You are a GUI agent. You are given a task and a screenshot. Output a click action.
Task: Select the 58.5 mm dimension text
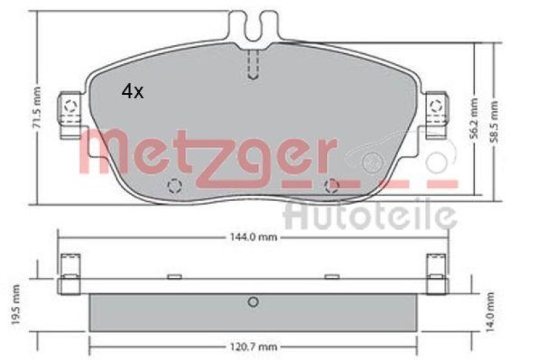(495, 123)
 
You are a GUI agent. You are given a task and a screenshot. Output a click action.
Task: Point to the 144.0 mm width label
(252, 237)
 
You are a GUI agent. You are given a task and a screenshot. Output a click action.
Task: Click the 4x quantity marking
(132, 92)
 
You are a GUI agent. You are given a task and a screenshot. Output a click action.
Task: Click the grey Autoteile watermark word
(369, 214)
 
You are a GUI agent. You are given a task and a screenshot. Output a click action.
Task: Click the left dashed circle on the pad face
(174, 185)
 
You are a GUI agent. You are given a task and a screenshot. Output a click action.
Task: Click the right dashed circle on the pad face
(331, 185)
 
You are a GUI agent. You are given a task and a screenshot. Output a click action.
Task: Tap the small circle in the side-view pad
(253, 302)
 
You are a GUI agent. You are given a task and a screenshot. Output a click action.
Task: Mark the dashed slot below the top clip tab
(254, 64)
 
